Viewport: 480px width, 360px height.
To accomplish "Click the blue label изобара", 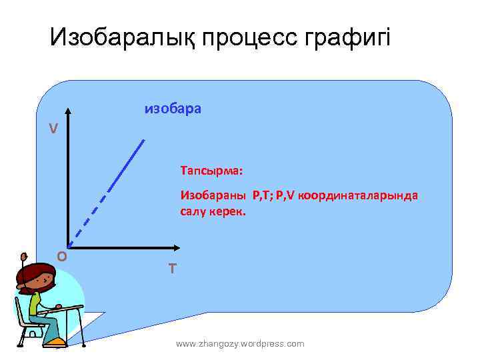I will click(x=173, y=108).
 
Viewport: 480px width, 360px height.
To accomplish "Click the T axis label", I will click(x=172, y=269).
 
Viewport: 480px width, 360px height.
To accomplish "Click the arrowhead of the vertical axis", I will click(x=67, y=114).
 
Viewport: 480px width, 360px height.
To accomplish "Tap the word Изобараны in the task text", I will click(x=213, y=196).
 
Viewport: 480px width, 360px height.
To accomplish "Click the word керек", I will click(x=230, y=211).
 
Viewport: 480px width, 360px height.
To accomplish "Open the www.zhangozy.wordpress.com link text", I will click(x=240, y=343).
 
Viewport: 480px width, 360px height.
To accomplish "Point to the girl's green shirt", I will click(x=35, y=304).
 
